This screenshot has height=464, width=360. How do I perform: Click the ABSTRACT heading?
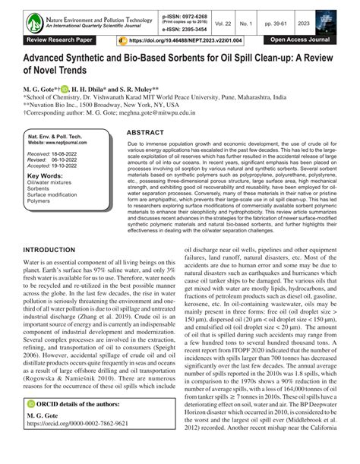147,132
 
